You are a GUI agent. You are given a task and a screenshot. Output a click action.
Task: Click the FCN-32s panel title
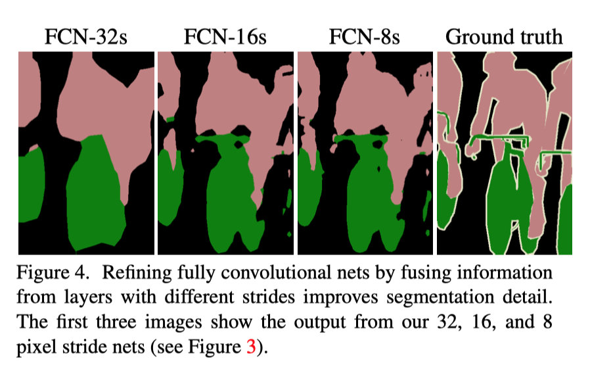pos(85,37)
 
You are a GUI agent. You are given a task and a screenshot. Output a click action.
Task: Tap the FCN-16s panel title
pos(225,37)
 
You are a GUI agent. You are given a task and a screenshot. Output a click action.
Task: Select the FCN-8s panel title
pos(364,37)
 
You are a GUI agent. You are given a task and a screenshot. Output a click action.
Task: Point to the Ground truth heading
pos(504,37)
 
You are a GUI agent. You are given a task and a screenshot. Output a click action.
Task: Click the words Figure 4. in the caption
pos(53,274)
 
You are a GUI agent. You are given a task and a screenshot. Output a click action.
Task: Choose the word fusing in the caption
pos(431,274)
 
